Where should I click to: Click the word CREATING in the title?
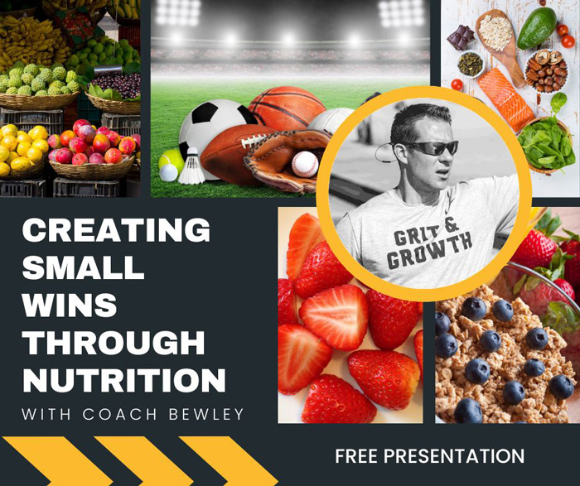click(x=116, y=229)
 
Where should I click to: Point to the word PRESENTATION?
click(x=454, y=456)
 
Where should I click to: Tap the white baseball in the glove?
click(x=305, y=164)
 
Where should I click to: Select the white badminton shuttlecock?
click(x=191, y=166)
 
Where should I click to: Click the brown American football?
click(x=237, y=155)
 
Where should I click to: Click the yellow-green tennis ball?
click(x=171, y=161)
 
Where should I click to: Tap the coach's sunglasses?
click(x=431, y=148)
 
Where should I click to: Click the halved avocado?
click(x=537, y=27)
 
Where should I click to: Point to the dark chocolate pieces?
click(x=461, y=37)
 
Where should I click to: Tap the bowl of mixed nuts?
click(x=546, y=71)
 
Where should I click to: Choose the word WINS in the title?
click(x=70, y=305)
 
